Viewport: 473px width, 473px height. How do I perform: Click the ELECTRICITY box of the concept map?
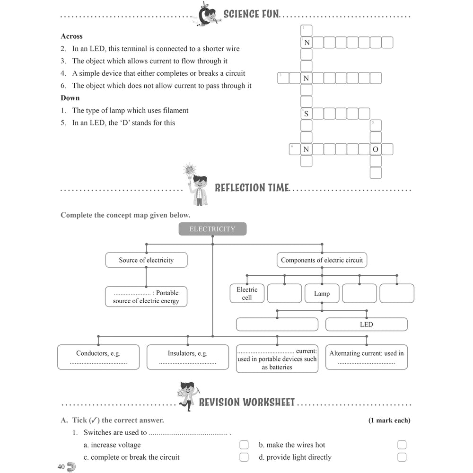pyautogui.click(x=212, y=229)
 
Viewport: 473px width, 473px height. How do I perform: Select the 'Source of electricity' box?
pyautogui.click(x=146, y=260)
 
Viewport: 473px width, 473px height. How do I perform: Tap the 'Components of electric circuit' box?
pyautogui.click(x=322, y=260)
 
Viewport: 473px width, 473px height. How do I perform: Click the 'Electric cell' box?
pyautogui.click(x=247, y=293)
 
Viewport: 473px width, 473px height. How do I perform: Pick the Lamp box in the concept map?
pyautogui.click(x=322, y=293)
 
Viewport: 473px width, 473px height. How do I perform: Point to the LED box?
pyautogui.click(x=367, y=324)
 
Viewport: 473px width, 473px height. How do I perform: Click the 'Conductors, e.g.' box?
pyautogui.click(x=98, y=357)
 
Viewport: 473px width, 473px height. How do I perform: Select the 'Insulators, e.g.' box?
pyautogui.click(x=188, y=357)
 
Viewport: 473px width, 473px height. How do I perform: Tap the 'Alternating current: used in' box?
pyautogui.click(x=367, y=357)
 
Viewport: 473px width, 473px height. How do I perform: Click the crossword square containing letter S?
pyautogui.click(x=306, y=114)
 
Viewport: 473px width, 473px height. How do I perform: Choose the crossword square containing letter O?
pyautogui.click(x=376, y=149)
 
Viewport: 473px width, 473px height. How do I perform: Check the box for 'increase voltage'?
pyautogui.click(x=244, y=445)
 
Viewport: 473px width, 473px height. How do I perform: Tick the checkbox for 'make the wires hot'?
pyautogui.click(x=402, y=445)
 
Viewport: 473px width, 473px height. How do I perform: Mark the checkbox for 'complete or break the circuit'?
pyautogui.click(x=244, y=457)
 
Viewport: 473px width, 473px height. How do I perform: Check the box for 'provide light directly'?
pyautogui.click(x=402, y=457)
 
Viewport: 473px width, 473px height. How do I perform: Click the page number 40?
pyautogui.click(x=61, y=467)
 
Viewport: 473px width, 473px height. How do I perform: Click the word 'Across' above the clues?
pyautogui.click(x=71, y=36)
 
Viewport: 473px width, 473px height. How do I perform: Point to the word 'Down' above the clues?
pyautogui.click(x=70, y=98)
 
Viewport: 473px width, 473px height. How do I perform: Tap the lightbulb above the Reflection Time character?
pyautogui.click(x=190, y=171)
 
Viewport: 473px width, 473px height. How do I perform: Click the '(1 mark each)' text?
pyautogui.click(x=389, y=420)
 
